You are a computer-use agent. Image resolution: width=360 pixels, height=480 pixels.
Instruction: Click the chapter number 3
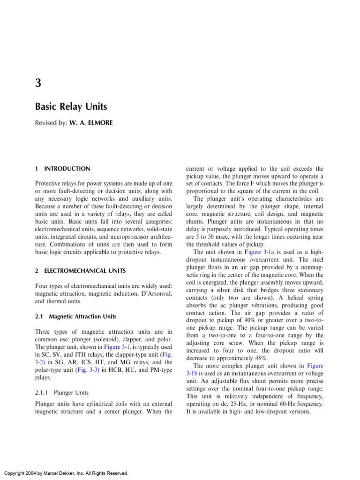point(39,83)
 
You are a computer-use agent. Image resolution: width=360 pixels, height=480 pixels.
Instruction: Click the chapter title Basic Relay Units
point(71,106)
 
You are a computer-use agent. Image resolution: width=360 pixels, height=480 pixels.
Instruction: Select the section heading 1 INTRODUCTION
point(63,169)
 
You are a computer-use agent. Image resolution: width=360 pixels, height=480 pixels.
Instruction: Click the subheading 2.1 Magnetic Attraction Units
point(76,317)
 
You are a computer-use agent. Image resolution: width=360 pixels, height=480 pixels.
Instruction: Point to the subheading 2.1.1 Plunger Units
point(62,392)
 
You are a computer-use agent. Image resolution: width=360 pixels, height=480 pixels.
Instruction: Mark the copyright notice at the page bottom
point(66,473)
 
